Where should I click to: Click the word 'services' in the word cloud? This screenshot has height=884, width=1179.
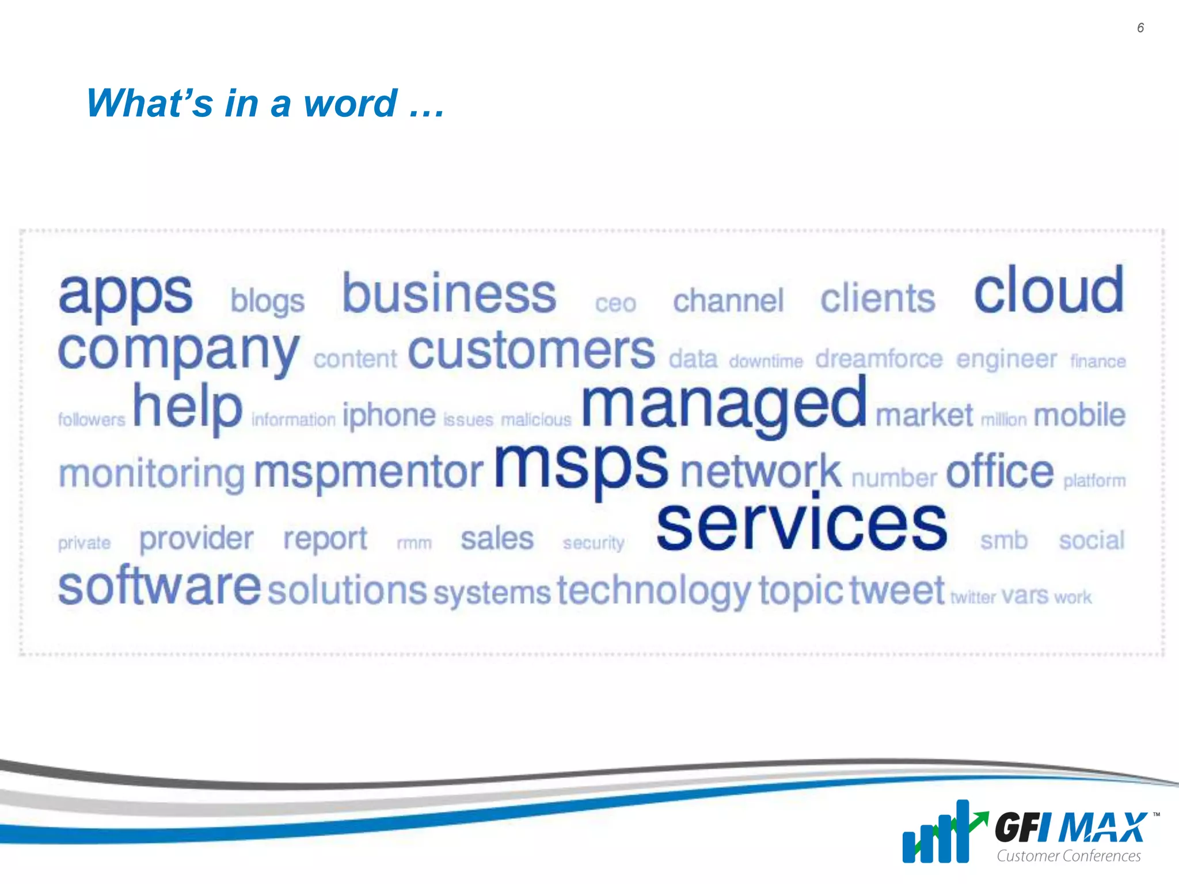pos(801,525)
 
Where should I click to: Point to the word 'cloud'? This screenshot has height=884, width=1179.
pos(1048,291)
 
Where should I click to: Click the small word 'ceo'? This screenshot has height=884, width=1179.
pos(615,303)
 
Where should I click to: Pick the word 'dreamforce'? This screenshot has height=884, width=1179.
pos(878,359)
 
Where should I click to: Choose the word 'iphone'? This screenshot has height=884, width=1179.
pos(389,416)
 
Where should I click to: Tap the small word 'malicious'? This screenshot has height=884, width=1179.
pos(536,420)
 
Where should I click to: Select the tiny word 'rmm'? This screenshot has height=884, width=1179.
pos(414,543)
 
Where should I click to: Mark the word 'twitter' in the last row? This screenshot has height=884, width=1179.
pos(973,597)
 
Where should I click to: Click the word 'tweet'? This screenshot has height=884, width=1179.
pos(897,590)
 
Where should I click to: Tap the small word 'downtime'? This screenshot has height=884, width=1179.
pos(766,361)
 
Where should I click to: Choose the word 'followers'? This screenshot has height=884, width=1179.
pos(92,420)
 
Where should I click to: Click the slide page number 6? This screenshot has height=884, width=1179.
pos(1140,28)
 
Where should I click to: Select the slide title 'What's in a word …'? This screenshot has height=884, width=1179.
pos(265,103)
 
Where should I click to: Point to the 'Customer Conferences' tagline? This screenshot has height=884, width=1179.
pos(1068,856)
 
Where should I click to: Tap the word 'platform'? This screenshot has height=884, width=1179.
pos(1094,480)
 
